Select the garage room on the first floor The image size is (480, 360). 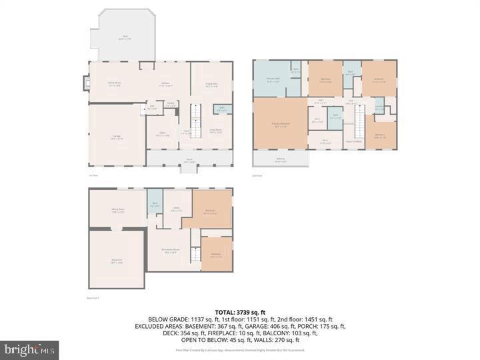pos(117,137)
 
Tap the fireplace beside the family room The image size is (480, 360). pos(85,83)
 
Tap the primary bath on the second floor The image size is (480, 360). pos(273,80)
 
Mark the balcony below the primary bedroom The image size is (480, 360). pos(280,159)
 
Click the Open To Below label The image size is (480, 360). pos(353,141)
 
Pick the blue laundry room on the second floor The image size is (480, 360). pos(378,107)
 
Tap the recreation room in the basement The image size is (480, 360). pos(170,251)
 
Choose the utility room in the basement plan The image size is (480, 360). pos(177,209)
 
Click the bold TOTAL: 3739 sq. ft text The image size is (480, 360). pos(240,312)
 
